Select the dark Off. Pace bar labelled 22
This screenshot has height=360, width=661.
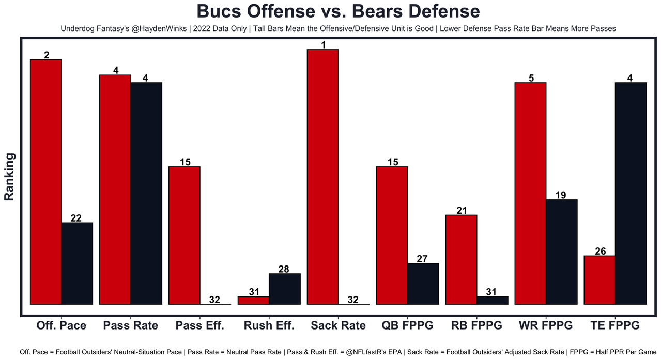tap(77, 263)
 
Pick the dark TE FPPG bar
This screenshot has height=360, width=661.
tap(631, 193)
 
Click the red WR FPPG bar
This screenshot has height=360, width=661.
tap(531, 193)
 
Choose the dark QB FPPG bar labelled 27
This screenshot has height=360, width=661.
tap(423, 284)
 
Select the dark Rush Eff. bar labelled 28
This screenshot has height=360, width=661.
tap(285, 289)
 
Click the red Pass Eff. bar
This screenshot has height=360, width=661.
tap(185, 235)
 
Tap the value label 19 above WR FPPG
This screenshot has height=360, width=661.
tap(561, 195)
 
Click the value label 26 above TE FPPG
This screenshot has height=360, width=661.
tap(600, 252)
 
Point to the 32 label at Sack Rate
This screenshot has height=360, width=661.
tap(353, 300)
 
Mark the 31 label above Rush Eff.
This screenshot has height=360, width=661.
tap(253, 292)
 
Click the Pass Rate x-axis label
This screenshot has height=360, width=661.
tap(130, 325)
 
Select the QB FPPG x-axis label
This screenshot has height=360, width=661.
tap(407, 325)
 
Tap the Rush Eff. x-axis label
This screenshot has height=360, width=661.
tap(269, 325)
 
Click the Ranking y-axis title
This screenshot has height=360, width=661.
tap(9, 177)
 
